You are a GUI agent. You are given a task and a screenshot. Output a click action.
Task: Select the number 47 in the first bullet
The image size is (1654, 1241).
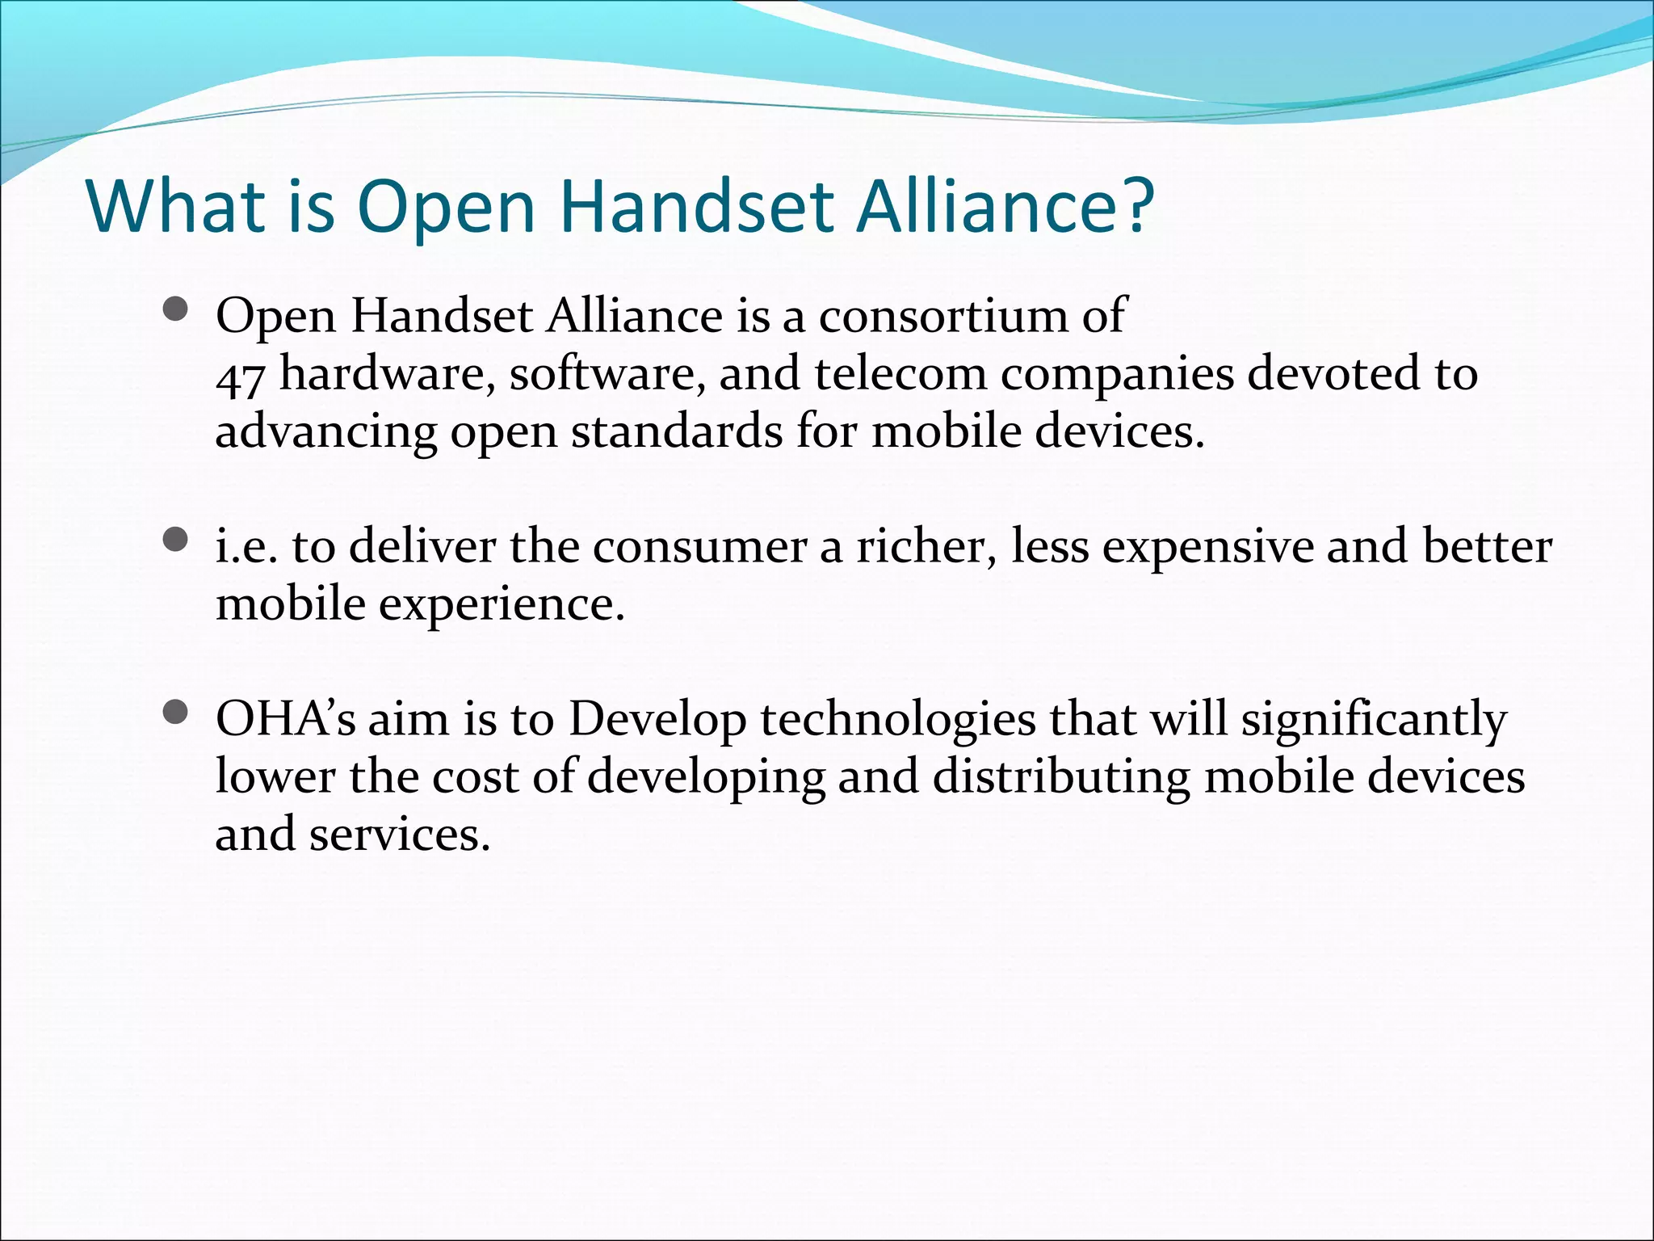240,377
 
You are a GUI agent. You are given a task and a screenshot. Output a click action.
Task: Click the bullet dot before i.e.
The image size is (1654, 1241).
174,539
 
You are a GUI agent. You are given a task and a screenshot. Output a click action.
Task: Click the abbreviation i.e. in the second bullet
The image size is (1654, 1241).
246,546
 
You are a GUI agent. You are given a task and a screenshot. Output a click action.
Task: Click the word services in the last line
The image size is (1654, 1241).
400,835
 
